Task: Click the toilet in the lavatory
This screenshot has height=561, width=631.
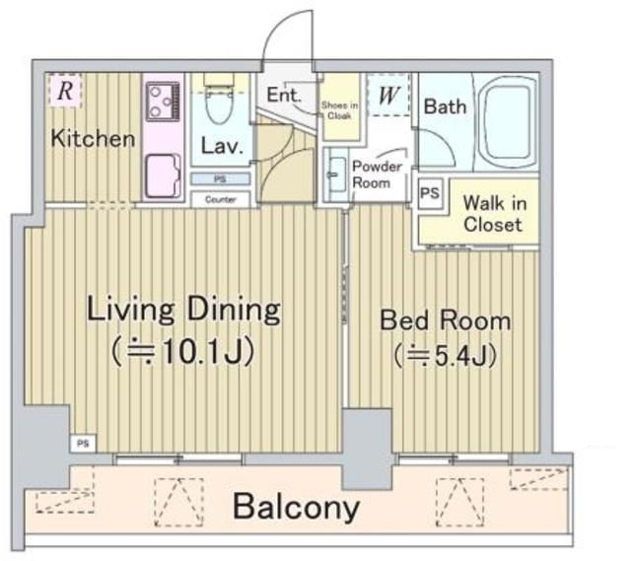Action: pos(219,99)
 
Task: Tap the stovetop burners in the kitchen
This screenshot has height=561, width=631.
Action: pos(163,101)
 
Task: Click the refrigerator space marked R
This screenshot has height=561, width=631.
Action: pos(66,90)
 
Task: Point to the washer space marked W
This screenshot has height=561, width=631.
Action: pos(388,95)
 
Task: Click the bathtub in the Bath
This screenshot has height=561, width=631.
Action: pos(507,122)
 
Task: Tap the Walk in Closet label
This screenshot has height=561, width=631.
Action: pos(495,213)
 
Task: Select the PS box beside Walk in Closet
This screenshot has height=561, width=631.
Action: pos(430,193)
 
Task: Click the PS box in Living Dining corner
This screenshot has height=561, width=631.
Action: pos(83,444)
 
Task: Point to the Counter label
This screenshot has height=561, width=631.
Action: pos(220,199)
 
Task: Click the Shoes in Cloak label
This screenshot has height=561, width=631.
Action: pos(339,110)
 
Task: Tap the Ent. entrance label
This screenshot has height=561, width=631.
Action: pos(284,95)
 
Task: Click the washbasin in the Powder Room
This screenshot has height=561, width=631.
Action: pos(336,175)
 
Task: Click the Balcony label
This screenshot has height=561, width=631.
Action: pos(296,507)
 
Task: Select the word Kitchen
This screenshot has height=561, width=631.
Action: pos(93,138)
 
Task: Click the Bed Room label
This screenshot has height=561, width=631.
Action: pos(446,320)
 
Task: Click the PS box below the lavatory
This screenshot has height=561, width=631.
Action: pos(220,178)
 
